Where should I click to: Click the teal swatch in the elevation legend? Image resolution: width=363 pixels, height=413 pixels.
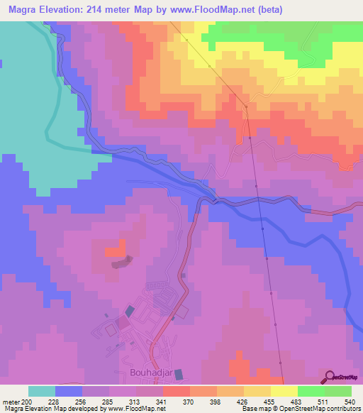click(42, 391)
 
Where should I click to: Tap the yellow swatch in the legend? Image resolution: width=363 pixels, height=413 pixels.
click(284, 391)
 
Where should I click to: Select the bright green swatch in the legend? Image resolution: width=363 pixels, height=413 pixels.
click(311, 391)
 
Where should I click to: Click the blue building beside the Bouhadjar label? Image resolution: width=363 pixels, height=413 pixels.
click(178, 373)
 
